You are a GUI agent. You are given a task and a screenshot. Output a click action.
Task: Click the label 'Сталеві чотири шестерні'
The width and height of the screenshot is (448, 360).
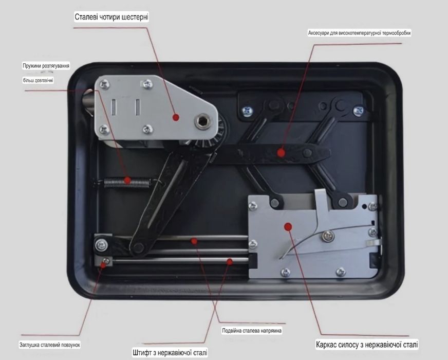111,17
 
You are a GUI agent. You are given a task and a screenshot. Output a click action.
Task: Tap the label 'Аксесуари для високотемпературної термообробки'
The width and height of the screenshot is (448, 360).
359,33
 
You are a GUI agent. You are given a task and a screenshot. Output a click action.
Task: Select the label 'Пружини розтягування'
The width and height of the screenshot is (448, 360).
46,66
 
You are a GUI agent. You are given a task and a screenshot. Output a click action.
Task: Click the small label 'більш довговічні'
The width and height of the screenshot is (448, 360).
38,80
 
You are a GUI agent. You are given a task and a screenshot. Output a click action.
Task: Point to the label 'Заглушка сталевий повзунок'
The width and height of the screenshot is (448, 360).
50,345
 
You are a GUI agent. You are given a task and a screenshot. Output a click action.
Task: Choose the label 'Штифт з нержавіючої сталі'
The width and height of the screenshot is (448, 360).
170,352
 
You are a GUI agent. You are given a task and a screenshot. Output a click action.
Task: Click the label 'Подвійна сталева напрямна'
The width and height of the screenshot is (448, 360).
252,331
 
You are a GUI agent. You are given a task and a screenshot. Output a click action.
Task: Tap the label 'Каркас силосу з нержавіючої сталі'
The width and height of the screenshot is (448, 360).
367,344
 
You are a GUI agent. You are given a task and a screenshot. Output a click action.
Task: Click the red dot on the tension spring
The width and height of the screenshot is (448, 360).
127,181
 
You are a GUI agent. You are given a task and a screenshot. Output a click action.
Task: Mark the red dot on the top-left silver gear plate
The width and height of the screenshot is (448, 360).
176,117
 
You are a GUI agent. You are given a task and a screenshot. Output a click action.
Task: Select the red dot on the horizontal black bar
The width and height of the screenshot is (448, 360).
281,153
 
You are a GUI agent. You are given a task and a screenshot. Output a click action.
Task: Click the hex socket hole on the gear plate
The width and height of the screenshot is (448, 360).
203,121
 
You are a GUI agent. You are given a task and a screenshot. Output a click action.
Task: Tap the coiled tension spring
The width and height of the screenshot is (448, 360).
127,183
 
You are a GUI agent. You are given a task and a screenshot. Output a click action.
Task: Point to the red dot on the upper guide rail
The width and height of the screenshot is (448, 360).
194,241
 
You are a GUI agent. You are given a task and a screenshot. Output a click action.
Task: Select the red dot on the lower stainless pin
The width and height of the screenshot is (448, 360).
230,261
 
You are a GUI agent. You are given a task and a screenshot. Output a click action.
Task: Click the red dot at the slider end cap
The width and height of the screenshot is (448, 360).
103,265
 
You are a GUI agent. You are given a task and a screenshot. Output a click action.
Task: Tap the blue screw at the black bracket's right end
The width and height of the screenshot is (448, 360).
359,111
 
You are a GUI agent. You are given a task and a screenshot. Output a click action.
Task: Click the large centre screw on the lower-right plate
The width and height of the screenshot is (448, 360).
328,236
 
